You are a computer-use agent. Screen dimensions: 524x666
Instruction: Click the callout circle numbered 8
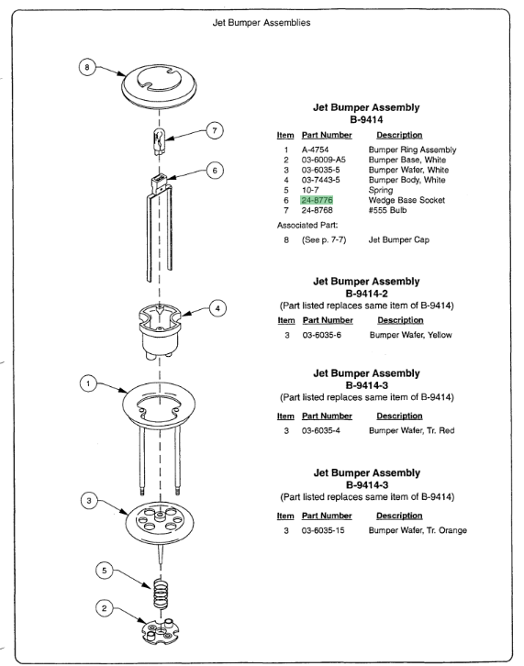87,67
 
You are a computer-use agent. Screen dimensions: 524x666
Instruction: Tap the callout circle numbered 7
215,130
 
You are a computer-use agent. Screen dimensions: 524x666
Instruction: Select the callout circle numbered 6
215,171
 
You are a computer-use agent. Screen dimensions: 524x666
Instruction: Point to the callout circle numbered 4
217,308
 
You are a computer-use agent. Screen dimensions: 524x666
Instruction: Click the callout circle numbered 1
88,384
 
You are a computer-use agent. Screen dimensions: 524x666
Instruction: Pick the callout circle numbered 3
89,501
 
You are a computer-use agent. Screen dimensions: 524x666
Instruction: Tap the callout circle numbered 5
104,571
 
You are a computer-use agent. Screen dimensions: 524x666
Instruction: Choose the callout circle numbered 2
104,608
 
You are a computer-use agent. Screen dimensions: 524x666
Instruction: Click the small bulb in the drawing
159,142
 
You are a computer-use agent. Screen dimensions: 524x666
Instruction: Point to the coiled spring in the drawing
161,593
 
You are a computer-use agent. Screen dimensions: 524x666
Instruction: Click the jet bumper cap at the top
159,86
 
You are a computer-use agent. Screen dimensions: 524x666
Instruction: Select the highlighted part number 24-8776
317,200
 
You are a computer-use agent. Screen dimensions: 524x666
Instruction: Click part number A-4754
315,150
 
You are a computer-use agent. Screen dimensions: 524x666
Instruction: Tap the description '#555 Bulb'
387,210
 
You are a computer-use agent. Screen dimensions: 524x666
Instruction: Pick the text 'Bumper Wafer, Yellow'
410,335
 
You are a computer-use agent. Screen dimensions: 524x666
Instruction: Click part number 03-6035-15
323,530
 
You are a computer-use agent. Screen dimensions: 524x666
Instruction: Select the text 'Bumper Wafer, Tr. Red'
411,430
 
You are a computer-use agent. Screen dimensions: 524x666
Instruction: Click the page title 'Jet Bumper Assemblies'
262,23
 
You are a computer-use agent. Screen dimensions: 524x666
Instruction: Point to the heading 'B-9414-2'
366,294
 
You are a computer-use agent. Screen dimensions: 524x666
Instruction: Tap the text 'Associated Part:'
307,225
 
